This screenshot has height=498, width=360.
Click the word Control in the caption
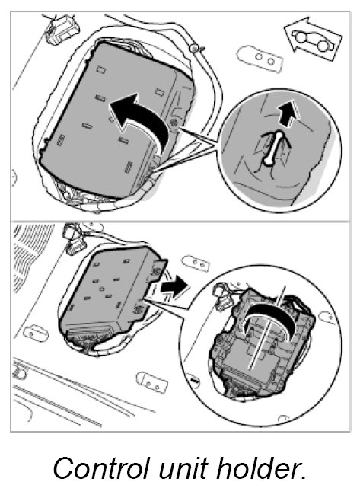100,468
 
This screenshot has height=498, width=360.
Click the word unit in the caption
182,468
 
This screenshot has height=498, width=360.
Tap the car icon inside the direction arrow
314,40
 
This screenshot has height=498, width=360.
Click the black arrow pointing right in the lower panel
174,286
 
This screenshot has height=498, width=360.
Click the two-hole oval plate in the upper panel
260,59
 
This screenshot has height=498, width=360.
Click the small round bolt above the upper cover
193,48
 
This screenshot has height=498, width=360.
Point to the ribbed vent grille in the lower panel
32,254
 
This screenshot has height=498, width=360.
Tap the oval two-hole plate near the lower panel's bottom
152,382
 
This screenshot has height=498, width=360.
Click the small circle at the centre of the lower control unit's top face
102,289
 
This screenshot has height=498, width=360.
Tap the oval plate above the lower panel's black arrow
196,263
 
